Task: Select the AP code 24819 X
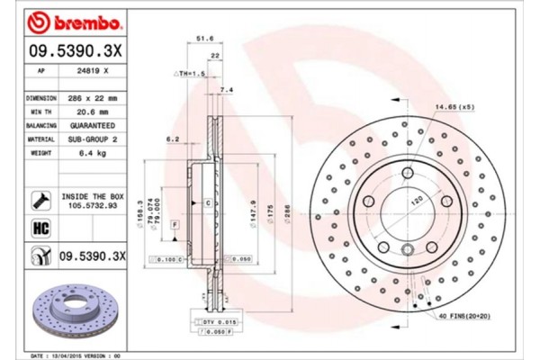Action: click(x=94, y=69)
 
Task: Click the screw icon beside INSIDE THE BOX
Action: click(x=40, y=199)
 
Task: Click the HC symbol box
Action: click(x=40, y=229)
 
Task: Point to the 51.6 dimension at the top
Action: click(x=203, y=40)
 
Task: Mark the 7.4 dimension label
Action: click(x=226, y=91)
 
